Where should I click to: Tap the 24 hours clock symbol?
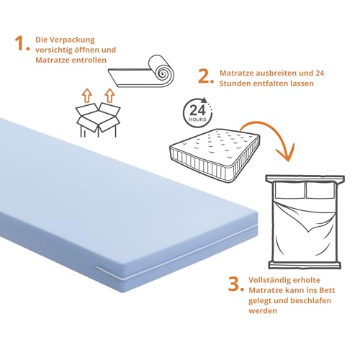[199, 112]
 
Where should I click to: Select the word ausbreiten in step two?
[270, 72]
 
